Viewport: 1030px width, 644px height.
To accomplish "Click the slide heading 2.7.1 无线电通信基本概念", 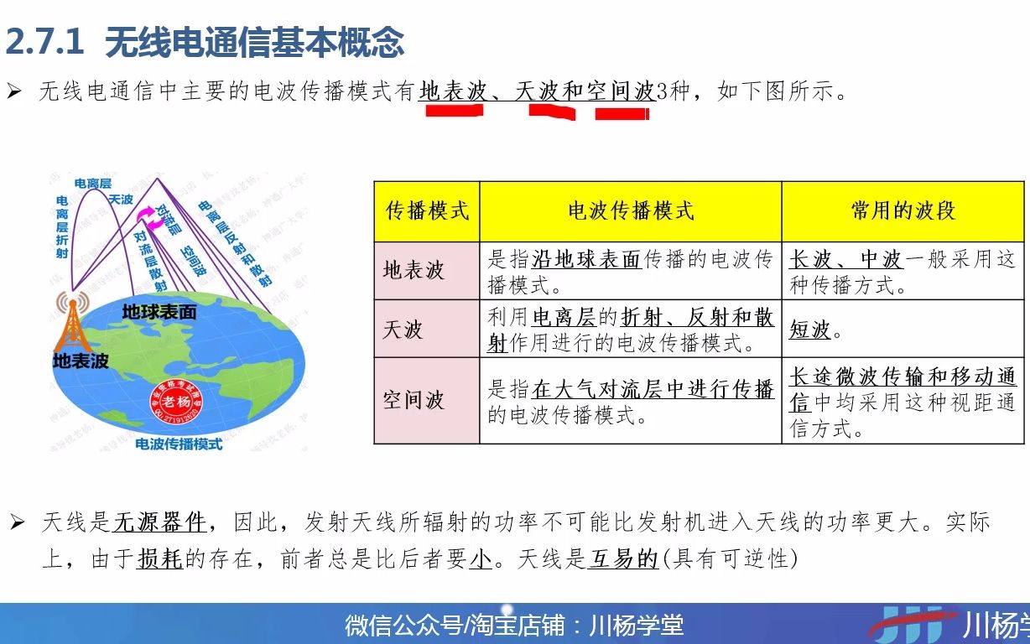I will pyautogui.click(x=205, y=42).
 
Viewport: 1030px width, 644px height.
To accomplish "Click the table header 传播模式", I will pyautogui.click(x=427, y=210).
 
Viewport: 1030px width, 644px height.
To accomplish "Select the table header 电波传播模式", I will pyautogui.click(x=631, y=210).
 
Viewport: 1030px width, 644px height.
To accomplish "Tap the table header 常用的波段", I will pyautogui.click(x=903, y=210).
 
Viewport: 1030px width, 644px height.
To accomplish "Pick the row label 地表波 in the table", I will pyautogui.click(x=414, y=271).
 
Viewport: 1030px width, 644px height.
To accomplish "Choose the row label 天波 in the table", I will pyautogui.click(x=403, y=330).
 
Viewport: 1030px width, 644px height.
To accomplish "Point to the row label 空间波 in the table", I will pyautogui.click(x=414, y=400).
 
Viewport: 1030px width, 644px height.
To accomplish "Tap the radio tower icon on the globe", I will pyautogui.click(x=71, y=323).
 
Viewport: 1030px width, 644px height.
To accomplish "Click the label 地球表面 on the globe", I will pyautogui.click(x=159, y=312).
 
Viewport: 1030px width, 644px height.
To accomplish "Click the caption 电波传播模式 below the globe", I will pyautogui.click(x=179, y=444).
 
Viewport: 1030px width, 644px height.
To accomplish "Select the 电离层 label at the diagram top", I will pyautogui.click(x=93, y=183).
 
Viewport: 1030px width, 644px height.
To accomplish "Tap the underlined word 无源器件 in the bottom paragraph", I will pyautogui.click(x=160, y=522).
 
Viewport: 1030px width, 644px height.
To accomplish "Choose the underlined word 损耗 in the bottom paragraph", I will pyautogui.click(x=159, y=558).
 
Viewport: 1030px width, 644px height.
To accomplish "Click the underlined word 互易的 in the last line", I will pyautogui.click(x=623, y=558).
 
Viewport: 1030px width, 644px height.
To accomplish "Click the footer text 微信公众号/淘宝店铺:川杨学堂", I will pyautogui.click(x=514, y=625).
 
